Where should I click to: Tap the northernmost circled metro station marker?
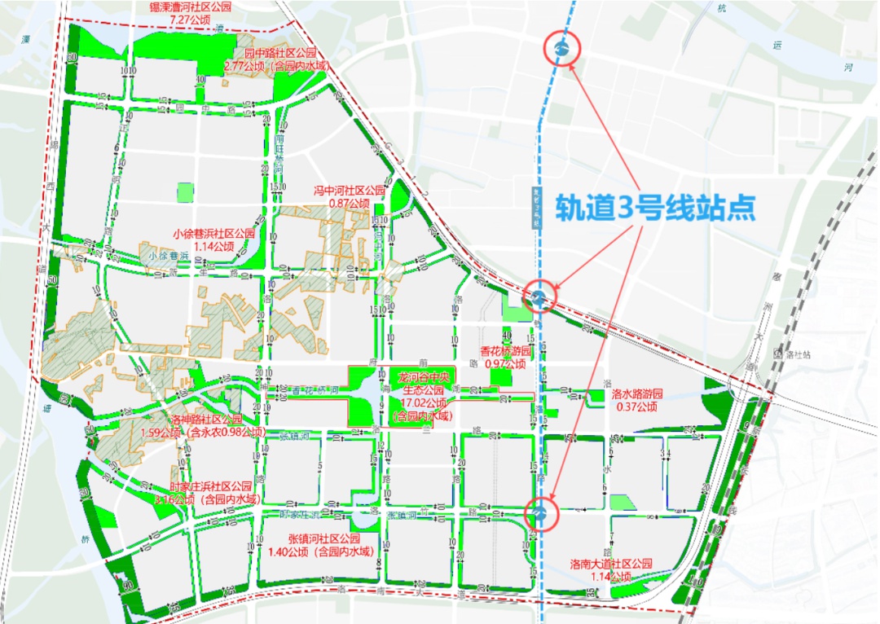561,49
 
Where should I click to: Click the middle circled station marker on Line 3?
539,297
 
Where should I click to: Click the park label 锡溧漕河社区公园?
190,6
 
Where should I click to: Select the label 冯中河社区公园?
350,191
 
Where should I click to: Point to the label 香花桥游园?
505,351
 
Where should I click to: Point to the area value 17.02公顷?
423,403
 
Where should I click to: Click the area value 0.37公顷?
637,406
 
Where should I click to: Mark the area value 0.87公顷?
350,202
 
